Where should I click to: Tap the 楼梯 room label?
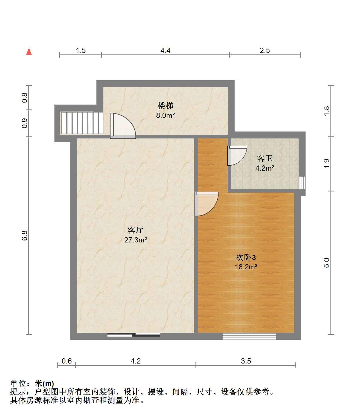click(165, 106)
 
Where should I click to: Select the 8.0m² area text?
click(165, 115)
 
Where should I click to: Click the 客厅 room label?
click(136, 230)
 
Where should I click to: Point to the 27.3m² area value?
click(136, 240)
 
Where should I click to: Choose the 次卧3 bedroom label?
click(246, 258)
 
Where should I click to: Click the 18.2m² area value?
click(246, 267)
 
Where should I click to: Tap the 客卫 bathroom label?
click(264, 158)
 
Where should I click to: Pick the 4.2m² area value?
click(265, 168)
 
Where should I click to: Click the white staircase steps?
click(82, 123)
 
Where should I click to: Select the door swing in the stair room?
click(123, 126)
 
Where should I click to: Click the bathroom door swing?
click(237, 156)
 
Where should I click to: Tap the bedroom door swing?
click(206, 204)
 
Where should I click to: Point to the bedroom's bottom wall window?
click(249, 336)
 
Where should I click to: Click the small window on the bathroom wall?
click(302, 183)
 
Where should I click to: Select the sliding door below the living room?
click(134, 335)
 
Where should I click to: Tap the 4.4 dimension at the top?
click(165, 50)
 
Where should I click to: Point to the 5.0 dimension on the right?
click(326, 263)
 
